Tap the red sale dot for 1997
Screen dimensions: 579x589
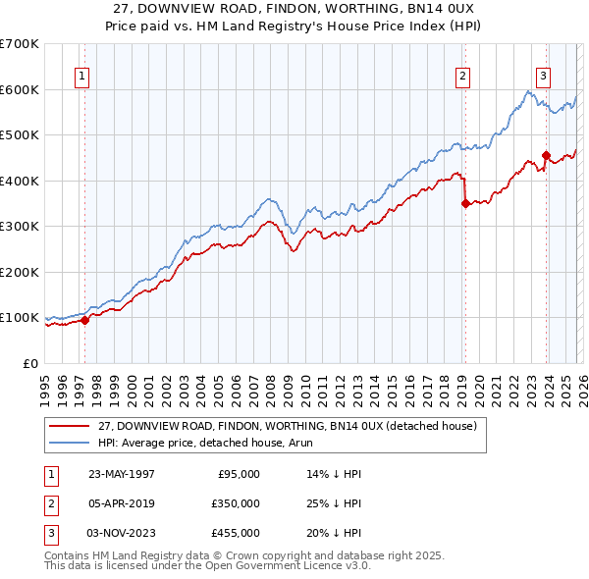click(85, 319)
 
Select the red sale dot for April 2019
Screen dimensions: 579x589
click(465, 204)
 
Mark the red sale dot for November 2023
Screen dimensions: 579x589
click(545, 155)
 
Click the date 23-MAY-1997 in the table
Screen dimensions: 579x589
click(122, 474)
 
